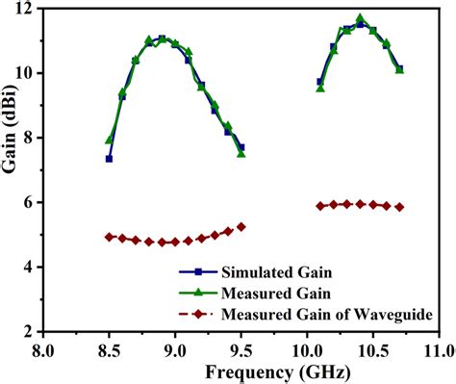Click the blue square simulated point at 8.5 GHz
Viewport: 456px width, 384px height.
[109, 159]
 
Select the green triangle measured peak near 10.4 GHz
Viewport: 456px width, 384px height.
[360, 18]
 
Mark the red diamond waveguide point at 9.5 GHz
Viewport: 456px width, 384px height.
[241, 226]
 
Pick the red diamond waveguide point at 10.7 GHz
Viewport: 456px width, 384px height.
[399, 207]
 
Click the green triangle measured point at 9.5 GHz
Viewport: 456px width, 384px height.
[241, 153]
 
